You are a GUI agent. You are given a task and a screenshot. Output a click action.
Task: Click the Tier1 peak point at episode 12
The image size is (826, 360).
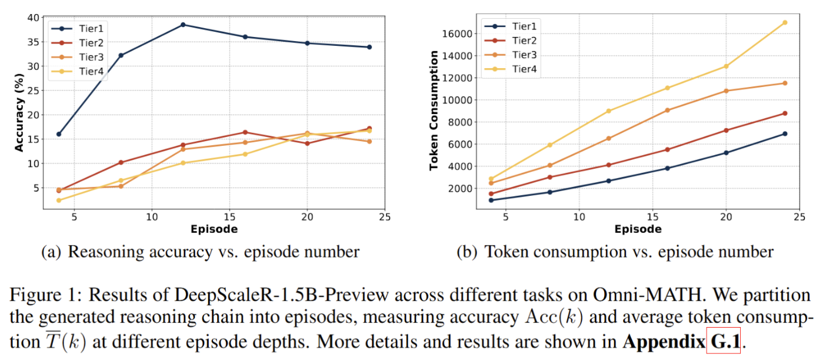click(183, 25)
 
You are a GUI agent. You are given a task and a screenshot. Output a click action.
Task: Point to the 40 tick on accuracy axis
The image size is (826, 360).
click(32, 18)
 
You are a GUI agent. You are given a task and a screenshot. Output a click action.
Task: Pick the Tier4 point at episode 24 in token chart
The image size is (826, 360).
click(785, 22)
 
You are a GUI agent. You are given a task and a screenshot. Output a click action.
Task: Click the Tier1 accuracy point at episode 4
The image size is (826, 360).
click(59, 134)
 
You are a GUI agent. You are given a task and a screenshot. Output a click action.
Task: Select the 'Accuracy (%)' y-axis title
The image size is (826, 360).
click(19, 113)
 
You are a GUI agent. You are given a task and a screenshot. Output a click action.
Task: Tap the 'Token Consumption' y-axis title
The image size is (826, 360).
click(434, 111)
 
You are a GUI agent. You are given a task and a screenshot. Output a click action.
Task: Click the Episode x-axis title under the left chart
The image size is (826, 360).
click(214, 229)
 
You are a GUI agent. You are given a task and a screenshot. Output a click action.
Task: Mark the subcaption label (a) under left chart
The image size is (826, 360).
click(51, 252)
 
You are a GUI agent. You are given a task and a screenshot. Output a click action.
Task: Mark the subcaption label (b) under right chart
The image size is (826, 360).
click(468, 252)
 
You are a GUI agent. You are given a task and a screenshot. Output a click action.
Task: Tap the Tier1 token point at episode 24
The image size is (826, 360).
click(785, 134)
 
